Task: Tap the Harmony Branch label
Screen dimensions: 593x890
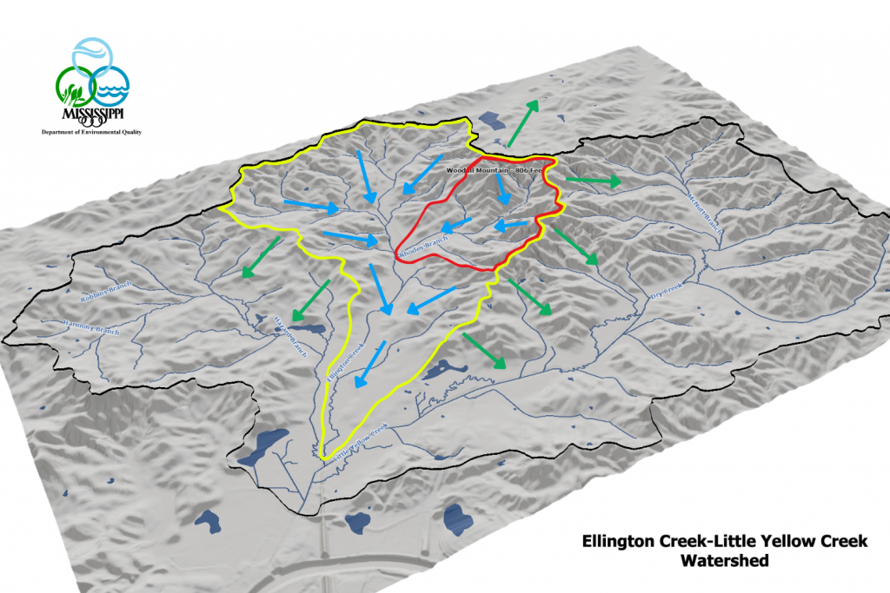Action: [64, 327]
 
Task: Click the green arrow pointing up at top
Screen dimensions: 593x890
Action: [522, 122]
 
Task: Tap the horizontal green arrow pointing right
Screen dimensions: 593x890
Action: [593, 181]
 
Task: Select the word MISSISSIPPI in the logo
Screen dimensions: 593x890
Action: [90, 115]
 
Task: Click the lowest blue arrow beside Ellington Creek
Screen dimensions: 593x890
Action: [370, 363]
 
